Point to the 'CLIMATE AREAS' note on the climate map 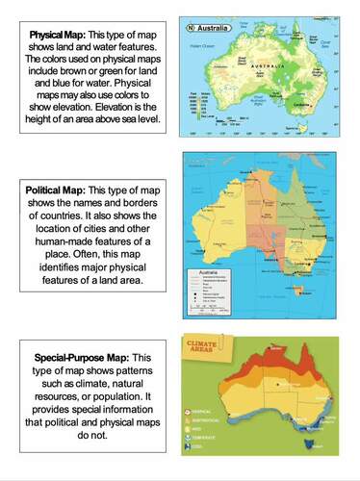pyautogui.click(x=205, y=343)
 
